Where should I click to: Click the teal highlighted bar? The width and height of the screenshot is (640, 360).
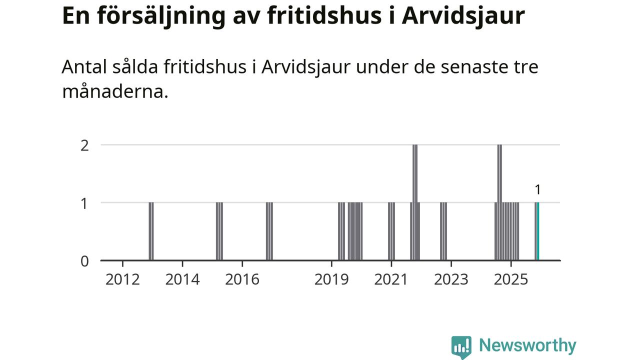(x=538, y=231)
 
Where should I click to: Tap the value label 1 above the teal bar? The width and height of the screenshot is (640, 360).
(x=537, y=190)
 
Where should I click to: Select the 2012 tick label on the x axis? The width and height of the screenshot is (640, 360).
(x=122, y=279)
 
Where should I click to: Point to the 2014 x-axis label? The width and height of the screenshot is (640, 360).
(x=182, y=279)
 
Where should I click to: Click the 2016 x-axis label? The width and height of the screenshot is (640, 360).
(x=242, y=279)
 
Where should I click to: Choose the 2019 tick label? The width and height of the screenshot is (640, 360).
(x=331, y=279)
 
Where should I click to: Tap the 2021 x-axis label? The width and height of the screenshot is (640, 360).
(x=391, y=279)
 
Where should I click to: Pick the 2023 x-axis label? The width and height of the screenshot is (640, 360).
(x=451, y=279)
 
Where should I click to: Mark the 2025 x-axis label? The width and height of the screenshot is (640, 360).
(x=511, y=279)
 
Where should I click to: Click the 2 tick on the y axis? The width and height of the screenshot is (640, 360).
(x=85, y=145)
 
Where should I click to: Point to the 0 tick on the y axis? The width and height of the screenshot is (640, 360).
(x=85, y=261)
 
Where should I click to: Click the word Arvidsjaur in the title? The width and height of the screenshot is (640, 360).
(x=463, y=16)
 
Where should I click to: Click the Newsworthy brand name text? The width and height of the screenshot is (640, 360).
(x=527, y=345)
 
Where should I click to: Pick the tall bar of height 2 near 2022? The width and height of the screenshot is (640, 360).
(x=415, y=202)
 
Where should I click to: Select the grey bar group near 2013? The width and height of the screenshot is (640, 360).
(x=151, y=231)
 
